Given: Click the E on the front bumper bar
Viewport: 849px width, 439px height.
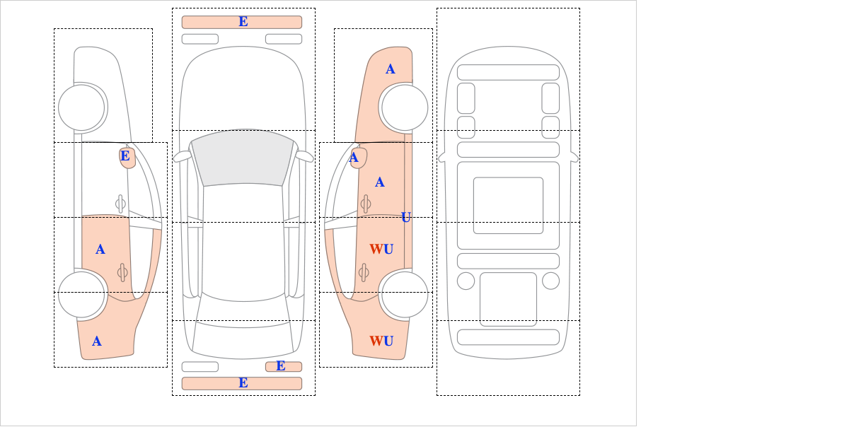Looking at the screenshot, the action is pos(243,22).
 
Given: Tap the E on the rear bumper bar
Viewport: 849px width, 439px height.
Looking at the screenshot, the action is pos(243,383).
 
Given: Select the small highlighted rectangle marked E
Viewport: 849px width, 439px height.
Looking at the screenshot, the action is pos(284,367).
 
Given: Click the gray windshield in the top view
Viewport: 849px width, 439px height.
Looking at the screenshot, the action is pos(243,158).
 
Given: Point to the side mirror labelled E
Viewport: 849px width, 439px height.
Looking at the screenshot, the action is pos(127,158).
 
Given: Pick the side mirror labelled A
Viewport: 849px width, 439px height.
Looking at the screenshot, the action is pos(358,158).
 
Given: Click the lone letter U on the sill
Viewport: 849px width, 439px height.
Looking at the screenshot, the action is pos(406,218).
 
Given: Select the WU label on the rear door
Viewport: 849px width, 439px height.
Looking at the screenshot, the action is pos(381,250).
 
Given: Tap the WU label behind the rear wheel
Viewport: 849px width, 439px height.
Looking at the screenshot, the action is pos(381,341).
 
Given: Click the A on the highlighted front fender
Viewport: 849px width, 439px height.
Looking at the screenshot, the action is pos(391,69).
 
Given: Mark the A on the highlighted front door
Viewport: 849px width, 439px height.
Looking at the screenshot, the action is pos(380,182).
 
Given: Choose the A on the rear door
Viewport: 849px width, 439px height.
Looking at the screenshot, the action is pos(100,250).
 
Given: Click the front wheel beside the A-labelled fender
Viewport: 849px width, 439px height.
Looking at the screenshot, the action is pos(405,107).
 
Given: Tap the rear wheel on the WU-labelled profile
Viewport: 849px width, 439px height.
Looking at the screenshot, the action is pos(405,294).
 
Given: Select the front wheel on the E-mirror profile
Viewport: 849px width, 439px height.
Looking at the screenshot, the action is pos(81,107).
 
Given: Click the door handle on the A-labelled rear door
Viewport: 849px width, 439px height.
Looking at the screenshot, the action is pos(122,272).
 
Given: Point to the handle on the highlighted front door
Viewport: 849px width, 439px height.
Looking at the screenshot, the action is pos(366,204).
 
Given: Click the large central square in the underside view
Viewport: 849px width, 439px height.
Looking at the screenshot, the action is pos(508,205).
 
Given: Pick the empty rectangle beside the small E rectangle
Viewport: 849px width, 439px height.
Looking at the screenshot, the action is pos(200,367).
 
